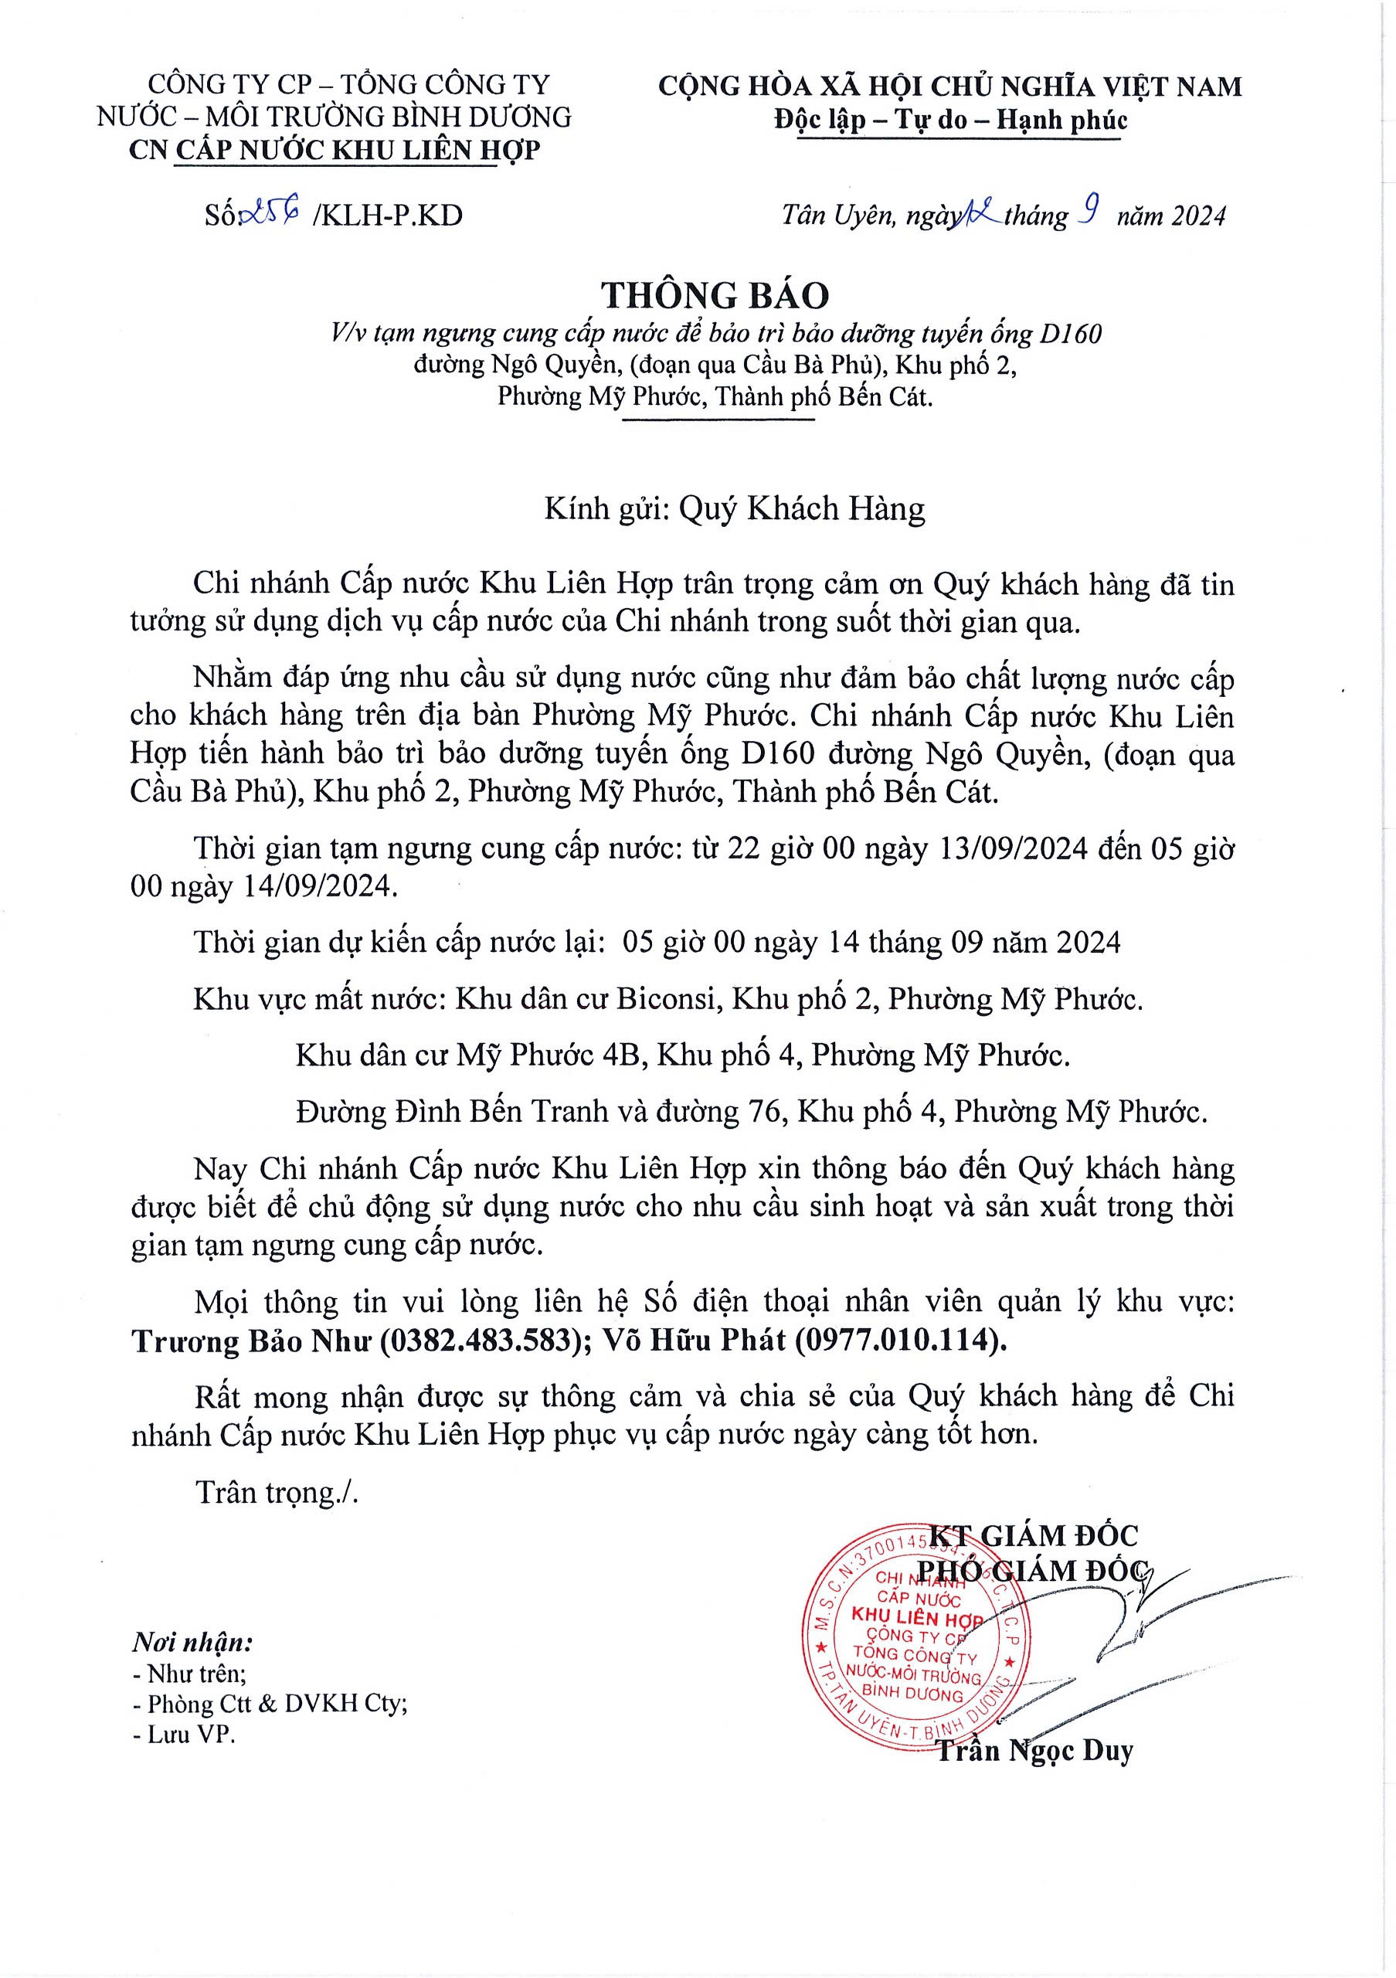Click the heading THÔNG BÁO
click(x=715, y=295)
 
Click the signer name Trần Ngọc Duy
click(x=1034, y=1750)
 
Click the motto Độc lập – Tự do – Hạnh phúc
click(x=950, y=120)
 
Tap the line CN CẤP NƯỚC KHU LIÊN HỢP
click(x=335, y=150)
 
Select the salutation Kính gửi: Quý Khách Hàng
click(x=735, y=509)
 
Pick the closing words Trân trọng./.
click(x=277, y=1491)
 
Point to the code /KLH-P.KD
click(x=388, y=216)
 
